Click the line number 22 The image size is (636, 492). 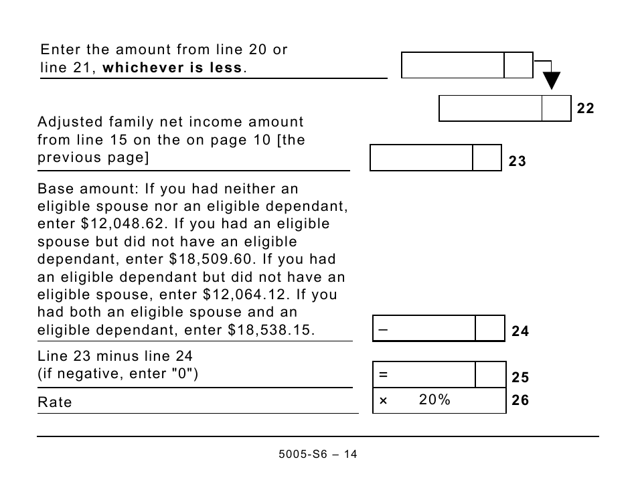point(585,108)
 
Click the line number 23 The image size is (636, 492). point(517,161)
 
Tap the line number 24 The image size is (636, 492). point(520,331)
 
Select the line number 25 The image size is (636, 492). point(520,378)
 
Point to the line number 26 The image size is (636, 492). point(520,400)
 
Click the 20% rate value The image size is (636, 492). point(434,400)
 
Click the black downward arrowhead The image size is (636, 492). point(551,81)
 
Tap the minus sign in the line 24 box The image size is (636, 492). point(383,330)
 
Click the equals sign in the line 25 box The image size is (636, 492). point(383,376)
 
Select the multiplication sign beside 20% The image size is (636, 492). point(383,401)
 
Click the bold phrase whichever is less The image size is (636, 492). point(173,68)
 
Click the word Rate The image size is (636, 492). point(55,402)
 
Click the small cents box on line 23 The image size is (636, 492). point(487,158)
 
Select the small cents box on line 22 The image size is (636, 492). point(556,108)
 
